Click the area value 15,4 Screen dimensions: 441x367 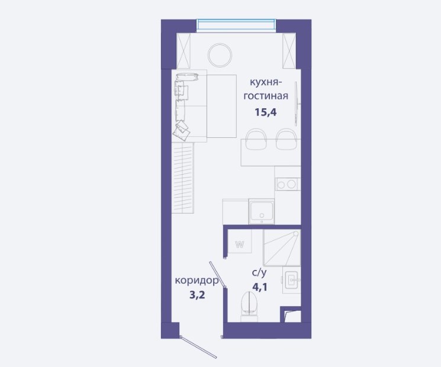pos(266,112)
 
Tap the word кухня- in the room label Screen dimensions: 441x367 pos(266,83)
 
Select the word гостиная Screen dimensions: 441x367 pos(266,96)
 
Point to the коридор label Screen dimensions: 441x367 pos(197,281)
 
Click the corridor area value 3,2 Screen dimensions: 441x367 pos(197,295)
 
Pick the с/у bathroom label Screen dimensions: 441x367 pos(259,272)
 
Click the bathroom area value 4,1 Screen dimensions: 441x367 pos(260,287)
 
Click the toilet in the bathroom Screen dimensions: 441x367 pos(249,306)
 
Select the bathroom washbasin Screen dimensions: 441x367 pos(292,280)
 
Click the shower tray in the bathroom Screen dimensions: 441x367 pos(282,248)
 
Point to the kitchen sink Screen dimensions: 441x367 pos(262,211)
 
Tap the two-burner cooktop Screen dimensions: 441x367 pos(288,184)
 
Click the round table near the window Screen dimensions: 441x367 pos(220,56)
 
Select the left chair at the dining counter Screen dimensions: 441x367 pos(256,139)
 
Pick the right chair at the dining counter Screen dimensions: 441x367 pos(287,139)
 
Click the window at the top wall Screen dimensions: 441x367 pos(236,24)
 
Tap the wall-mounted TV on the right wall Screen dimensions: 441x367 pos(296,104)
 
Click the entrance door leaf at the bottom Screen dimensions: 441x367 pos(199,347)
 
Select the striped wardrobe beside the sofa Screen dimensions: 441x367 pos(183,178)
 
